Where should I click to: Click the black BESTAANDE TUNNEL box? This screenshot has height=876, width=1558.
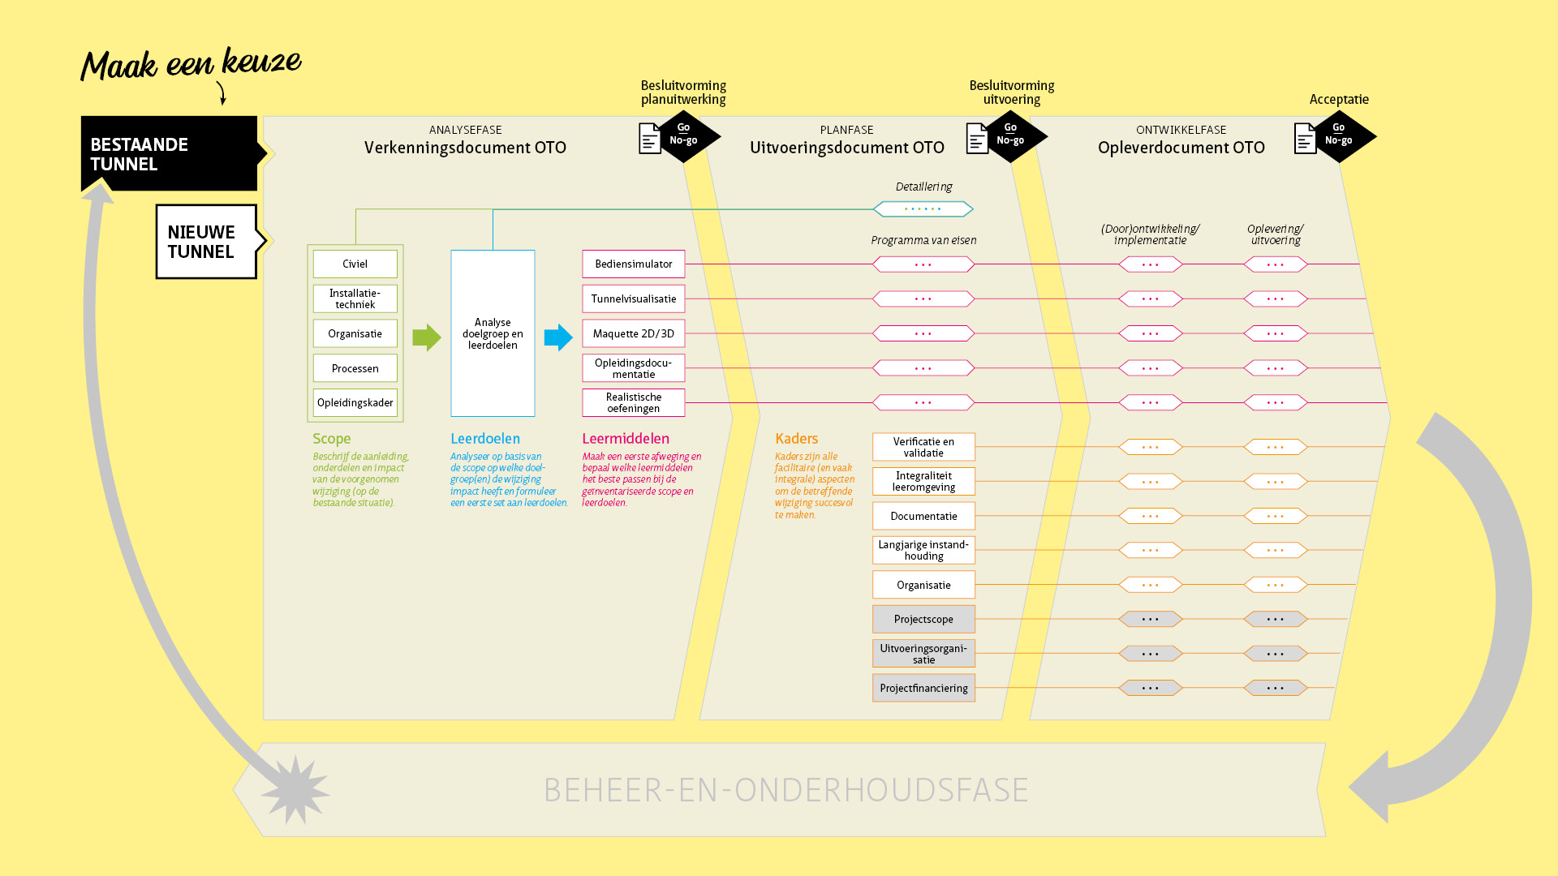(x=169, y=153)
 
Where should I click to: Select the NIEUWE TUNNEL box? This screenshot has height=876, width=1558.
(x=206, y=242)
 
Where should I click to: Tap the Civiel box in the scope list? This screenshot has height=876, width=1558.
(x=355, y=264)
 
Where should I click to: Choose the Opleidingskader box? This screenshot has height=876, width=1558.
(x=355, y=402)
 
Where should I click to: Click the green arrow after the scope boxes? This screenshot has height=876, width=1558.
(x=426, y=337)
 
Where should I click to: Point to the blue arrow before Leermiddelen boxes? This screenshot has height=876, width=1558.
(x=558, y=337)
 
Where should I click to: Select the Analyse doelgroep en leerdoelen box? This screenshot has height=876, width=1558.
(x=493, y=333)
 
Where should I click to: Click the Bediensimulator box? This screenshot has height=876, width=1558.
(x=633, y=264)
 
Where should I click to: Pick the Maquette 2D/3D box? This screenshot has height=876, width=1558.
(x=633, y=333)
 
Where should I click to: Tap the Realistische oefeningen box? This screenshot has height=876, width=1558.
(x=633, y=402)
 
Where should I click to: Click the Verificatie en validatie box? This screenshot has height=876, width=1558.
(x=923, y=447)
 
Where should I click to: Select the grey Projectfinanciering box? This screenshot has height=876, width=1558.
(x=923, y=688)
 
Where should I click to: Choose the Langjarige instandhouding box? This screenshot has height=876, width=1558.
(x=923, y=550)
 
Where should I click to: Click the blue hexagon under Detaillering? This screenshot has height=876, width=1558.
(x=923, y=209)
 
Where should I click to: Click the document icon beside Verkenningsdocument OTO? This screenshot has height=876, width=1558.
(x=650, y=139)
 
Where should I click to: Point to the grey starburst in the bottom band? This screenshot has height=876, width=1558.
(x=295, y=790)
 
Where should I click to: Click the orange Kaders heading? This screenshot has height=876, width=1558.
(x=796, y=439)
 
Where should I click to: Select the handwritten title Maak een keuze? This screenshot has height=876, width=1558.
(x=192, y=64)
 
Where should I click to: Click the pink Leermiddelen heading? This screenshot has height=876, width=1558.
(x=625, y=439)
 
